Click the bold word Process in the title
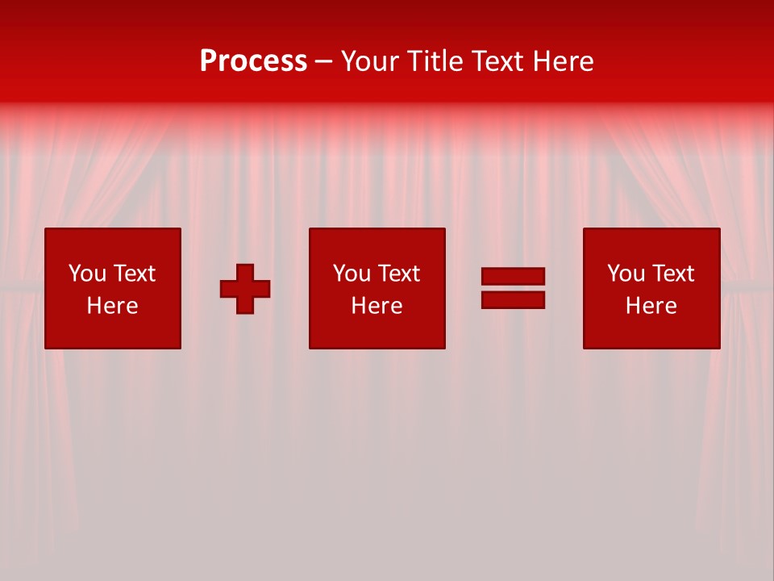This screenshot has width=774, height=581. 253,61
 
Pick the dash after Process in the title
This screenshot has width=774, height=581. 324,62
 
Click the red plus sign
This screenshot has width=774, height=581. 245,289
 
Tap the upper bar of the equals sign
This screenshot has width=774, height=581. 513,276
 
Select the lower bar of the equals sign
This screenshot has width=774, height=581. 513,300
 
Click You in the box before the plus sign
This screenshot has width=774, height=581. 87,274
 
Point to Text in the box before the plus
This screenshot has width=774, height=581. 134,274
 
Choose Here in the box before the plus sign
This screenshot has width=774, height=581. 112,306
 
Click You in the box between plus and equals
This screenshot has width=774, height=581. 352,274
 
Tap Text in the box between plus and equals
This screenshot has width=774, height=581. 398,274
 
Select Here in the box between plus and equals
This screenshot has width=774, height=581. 377,306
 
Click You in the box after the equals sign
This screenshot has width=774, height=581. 626,274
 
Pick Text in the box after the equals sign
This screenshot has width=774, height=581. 672,274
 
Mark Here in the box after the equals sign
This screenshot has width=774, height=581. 651,306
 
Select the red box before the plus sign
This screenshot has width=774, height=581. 112,242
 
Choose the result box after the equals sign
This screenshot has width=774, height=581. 651,242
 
